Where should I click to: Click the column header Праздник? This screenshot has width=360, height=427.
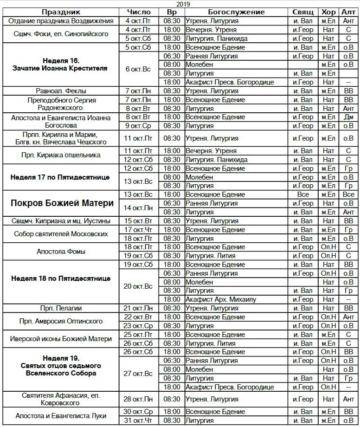click(x=61, y=12)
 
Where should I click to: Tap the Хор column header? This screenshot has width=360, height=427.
click(x=328, y=12)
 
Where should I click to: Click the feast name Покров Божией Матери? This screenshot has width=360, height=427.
click(x=61, y=203)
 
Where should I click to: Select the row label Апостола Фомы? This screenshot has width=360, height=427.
click(x=61, y=252)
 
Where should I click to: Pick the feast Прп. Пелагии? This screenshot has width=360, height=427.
click(x=61, y=308)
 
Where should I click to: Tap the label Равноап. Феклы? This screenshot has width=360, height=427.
click(x=61, y=91)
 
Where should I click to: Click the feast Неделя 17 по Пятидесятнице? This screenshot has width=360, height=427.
click(x=61, y=177)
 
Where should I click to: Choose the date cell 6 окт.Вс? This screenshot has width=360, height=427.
click(x=138, y=69)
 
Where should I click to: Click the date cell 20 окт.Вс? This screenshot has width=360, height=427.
click(x=138, y=286)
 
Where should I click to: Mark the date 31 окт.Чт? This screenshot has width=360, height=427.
click(x=138, y=421)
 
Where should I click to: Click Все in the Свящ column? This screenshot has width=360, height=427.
click(x=303, y=194)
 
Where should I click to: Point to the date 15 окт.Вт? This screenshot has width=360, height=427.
click(x=138, y=220)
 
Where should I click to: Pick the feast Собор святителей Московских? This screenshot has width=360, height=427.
click(x=61, y=234)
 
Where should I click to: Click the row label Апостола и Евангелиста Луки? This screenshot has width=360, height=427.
click(x=61, y=416)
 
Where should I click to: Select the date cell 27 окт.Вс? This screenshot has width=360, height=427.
click(x=138, y=374)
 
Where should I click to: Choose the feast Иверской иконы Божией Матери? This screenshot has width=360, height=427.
click(x=61, y=339)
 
